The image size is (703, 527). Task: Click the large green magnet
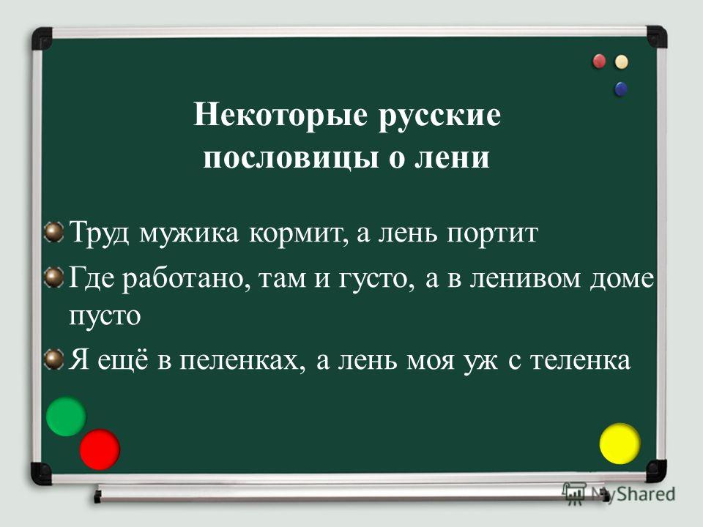click(x=66, y=416)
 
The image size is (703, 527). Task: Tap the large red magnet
click(x=100, y=449)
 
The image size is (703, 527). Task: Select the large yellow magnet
click(x=620, y=444)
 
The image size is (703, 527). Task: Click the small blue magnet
click(x=620, y=89)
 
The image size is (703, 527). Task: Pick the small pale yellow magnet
click(x=622, y=61)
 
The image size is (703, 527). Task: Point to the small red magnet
click(x=600, y=61)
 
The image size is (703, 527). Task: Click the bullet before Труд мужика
click(x=55, y=232)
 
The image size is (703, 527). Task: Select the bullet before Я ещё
click(x=55, y=359)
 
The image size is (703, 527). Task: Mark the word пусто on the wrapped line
click(x=105, y=315)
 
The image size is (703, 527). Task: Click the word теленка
click(x=581, y=360)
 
